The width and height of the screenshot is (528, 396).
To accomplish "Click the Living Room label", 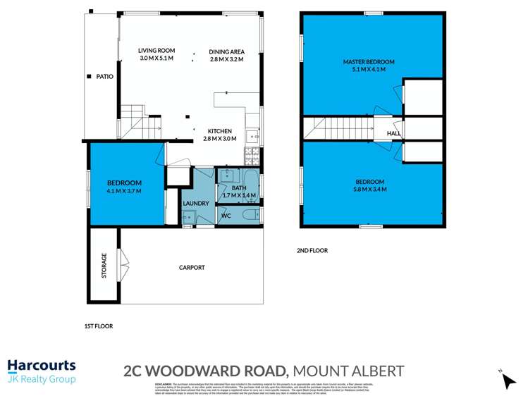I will pos(156,51).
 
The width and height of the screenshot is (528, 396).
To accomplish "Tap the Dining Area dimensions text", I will pos(226,60).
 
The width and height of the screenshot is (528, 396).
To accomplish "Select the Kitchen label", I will pos(219,131).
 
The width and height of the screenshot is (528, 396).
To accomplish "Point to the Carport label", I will pos(192,268).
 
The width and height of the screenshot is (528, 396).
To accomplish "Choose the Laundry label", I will pos(195,204).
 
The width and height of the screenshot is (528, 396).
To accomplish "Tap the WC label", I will pos(226,215).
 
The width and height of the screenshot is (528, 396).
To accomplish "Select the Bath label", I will pos(238,187).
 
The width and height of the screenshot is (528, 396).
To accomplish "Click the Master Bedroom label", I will pos(369,62).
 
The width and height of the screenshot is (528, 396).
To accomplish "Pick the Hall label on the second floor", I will pos(393,133).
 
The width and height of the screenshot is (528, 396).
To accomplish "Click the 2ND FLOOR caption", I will pos(312,250).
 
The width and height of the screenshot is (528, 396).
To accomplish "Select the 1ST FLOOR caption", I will pos(98,326).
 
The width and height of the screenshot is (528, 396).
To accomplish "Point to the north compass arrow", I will pos(508,380).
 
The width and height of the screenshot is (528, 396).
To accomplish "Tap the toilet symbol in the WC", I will pos(249,215).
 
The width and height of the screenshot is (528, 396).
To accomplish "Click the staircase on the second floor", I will pos(338,129).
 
